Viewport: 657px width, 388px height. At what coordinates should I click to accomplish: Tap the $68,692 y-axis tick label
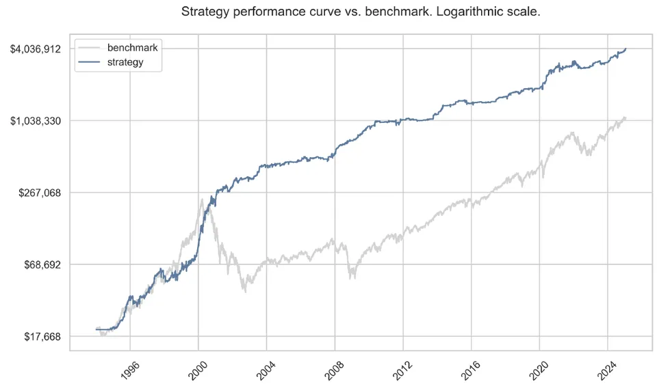click(39, 264)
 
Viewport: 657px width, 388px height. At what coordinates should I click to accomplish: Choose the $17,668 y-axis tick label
click(39, 336)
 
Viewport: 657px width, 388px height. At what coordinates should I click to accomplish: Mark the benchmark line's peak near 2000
click(202, 199)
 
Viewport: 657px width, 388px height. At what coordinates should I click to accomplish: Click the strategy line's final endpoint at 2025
click(626, 49)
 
